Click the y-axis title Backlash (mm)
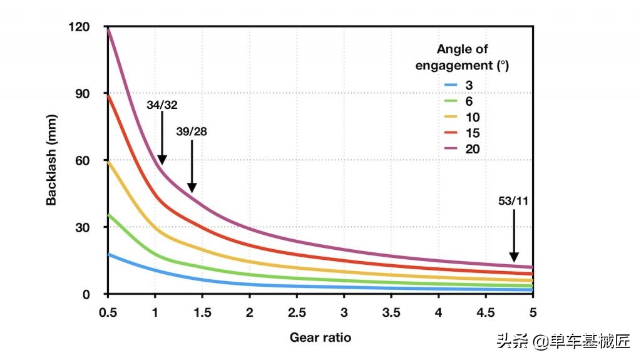[x=51, y=161]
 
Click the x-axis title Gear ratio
[x=320, y=337]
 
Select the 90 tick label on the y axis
[x=93, y=94]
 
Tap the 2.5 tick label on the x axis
[x=297, y=312]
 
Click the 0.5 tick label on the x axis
[x=108, y=312]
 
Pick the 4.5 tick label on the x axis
[x=486, y=312]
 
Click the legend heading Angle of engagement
[x=462, y=56]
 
